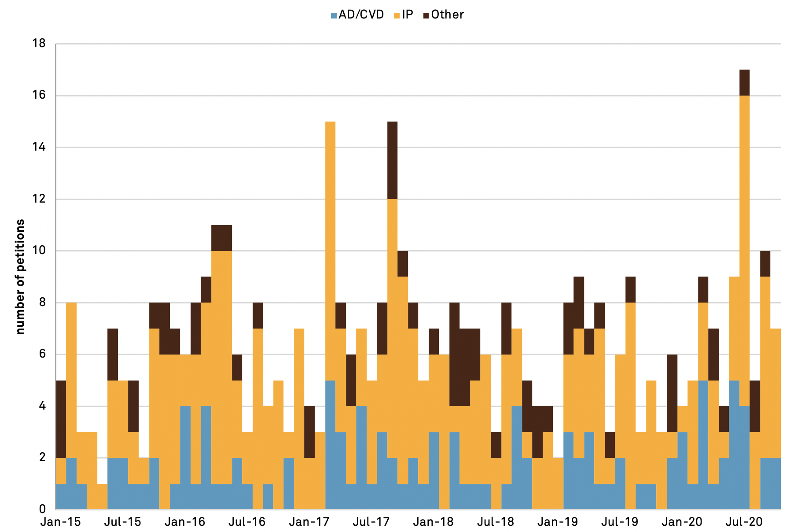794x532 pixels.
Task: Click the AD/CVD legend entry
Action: [x=357, y=15]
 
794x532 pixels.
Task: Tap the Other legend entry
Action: [x=444, y=15]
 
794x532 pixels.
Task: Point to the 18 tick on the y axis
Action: [x=39, y=44]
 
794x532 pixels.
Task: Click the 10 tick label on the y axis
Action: [x=39, y=251]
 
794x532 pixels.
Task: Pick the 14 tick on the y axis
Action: [x=39, y=147]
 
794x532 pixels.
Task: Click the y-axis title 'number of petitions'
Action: [x=20, y=277]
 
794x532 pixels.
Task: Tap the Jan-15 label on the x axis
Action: [x=61, y=522]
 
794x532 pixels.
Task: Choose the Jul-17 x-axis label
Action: [x=371, y=522]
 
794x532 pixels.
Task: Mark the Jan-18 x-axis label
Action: [x=434, y=522]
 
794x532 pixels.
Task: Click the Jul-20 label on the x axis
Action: [x=744, y=522]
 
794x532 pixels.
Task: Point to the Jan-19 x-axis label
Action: [x=558, y=522]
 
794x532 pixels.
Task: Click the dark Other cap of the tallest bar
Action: [x=744, y=82]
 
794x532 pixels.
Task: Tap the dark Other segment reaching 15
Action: [x=392, y=160]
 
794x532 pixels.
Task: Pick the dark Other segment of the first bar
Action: [x=61, y=419]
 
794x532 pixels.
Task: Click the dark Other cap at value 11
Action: [x=221, y=238]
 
